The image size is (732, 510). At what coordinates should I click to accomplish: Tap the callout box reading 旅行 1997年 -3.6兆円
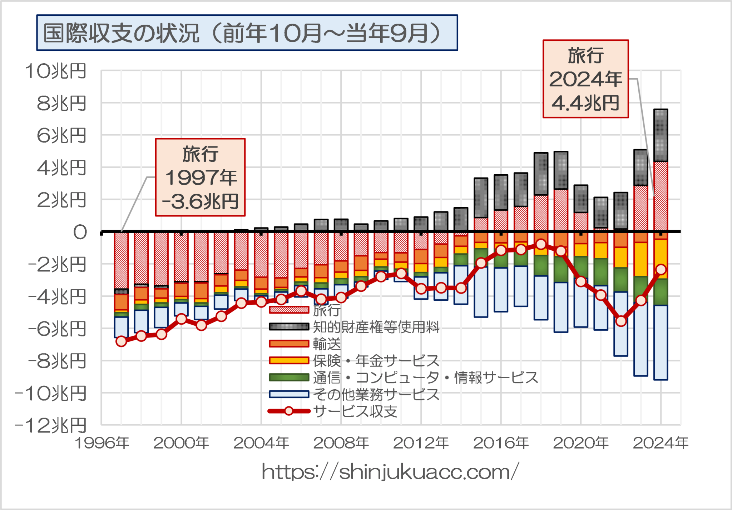[x=200, y=177]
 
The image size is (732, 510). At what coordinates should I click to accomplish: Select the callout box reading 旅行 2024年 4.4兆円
[x=585, y=79]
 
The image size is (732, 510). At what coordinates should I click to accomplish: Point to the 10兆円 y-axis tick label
[x=56, y=71]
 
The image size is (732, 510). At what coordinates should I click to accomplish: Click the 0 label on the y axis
[x=80, y=232]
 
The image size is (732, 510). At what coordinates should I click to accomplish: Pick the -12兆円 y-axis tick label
[x=51, y=425]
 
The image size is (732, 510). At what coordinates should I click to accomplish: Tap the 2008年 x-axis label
[x=341, y=443]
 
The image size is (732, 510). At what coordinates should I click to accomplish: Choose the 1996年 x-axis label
[x=102, y=443]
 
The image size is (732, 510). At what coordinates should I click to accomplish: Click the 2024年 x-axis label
[x=661, y=443]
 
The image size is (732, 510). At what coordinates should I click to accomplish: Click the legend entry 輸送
[x=327, y=344]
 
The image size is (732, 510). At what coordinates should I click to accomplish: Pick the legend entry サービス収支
[x=355, y=411]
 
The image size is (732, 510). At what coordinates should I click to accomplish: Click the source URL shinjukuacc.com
[x=390, y=472]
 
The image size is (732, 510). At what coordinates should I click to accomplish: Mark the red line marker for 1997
[x=122, y=341]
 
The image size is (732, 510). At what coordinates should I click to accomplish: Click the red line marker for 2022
[x=621, y=321]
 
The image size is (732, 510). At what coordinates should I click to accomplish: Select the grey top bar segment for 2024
[x=661, y=135]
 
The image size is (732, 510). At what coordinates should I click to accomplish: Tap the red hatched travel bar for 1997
[x=122, y=260]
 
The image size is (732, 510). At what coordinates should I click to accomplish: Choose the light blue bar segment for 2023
[x=641, y=339]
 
